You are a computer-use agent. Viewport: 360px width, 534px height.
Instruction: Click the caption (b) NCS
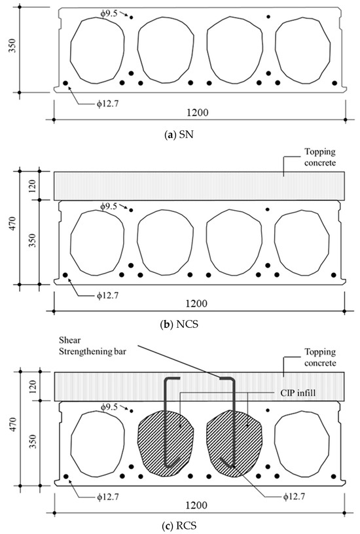click(180, 323)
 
